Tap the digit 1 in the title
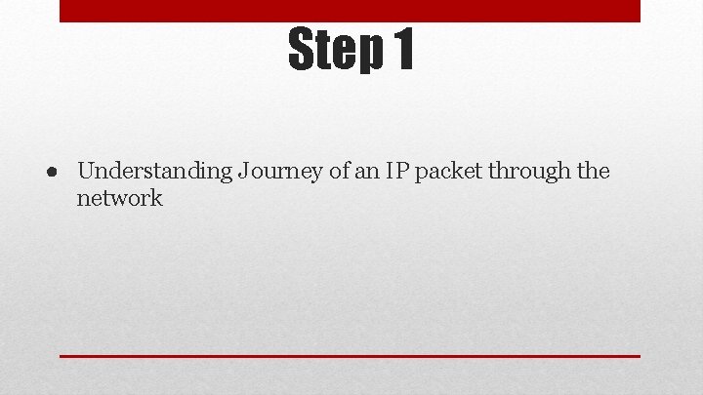point(401,50)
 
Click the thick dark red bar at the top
point(350,10)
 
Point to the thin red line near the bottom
point(350,356)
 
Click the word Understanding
point(154,173)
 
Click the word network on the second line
point(119,198)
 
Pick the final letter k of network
point(155,198)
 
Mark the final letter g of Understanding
point(225,175)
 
